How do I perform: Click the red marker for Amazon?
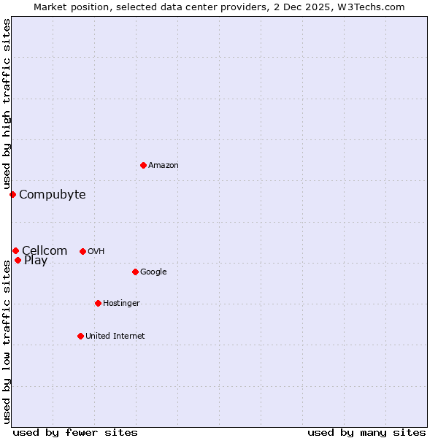pos(143,165)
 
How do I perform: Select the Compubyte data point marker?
pos(12,194)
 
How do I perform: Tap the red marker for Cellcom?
pos(15,251)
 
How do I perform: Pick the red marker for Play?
pos(18,260)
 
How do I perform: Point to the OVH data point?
pos(82,251)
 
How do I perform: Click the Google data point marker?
pos(135,272)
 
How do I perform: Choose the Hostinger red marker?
pos(98,303)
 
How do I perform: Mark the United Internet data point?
pos(80,336)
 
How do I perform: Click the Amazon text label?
pos(164,166)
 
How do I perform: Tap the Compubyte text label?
pos(53,194)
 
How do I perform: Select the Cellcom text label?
pos(45,251)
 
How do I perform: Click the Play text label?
pos(36,261)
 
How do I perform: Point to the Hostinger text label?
pos(121,304)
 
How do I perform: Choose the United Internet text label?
pos(115,337)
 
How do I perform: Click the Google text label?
pos(153,272)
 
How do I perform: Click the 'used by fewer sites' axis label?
pos(75,432)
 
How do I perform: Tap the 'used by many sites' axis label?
pos(366,432)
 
